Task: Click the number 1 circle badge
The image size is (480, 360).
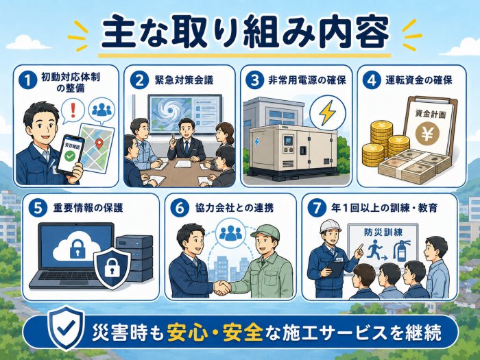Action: coord(28,80)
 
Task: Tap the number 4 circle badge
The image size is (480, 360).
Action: coord(372,80)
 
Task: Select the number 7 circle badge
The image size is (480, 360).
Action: coord(317,208)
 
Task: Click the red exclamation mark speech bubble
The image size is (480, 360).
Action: coord(73,110)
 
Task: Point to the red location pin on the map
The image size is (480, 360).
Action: coord(99,143)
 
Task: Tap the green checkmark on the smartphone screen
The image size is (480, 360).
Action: coord(69,156)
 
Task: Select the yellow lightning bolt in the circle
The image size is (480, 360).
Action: coord(327,112)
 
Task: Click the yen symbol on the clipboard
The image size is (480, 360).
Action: coord(427,134)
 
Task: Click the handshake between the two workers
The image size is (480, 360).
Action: coord(221,288)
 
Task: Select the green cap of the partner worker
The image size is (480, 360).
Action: coord(265,232)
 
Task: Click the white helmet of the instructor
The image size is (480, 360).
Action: coord(330,226)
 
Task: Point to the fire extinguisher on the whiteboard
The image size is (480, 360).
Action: coord(402,251)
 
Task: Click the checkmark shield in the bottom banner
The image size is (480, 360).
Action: coord(67,327)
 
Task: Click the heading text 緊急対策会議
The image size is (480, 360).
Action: coord(184,80)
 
